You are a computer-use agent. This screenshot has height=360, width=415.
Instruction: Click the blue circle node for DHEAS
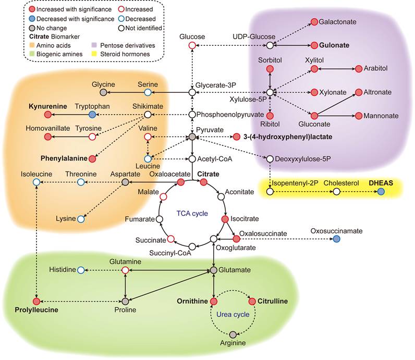click(381, 192)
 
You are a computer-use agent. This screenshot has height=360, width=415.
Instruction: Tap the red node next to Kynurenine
click(48, 114)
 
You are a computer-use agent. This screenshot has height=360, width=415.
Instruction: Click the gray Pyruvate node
click(192, 136)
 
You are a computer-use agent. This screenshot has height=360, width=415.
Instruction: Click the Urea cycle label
click(233, 315)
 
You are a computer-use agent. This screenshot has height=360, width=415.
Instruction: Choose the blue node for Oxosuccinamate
click(336, 239)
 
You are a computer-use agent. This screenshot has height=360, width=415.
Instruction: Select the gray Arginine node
click(233, 334)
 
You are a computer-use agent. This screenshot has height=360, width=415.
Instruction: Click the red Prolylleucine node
click(36, 301)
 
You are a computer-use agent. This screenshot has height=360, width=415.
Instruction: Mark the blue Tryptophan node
click(92, 114)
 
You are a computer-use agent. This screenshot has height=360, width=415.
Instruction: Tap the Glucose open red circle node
click(192, 46)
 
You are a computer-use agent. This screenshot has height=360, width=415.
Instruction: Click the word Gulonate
click(335, 45)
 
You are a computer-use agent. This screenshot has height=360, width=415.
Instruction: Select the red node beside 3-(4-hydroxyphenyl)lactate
click(236, 136)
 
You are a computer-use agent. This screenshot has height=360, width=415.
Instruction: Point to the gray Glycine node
click(104, 92)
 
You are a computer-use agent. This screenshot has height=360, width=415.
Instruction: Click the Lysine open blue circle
click(81, 219)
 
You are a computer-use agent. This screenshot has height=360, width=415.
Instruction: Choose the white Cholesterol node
click(336, 192)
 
